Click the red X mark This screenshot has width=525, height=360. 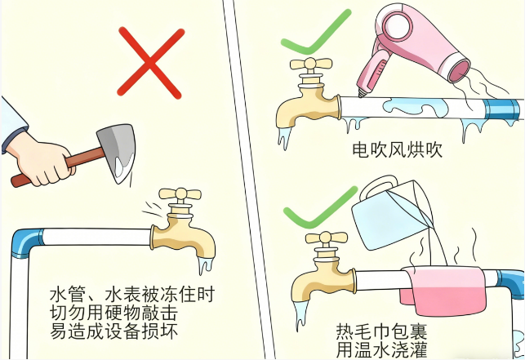(150, 64)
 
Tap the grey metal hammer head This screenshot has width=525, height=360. (118, 151)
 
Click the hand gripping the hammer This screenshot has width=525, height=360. (40, 160)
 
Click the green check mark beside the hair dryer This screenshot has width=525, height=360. (314, 35)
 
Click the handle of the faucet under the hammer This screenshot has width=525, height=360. (180, 194)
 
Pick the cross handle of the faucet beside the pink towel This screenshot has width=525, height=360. (326, 237)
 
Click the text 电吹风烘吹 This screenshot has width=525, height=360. (398, 149)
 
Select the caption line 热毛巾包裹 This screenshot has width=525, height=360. (381, 331)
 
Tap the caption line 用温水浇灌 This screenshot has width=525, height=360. (381, 349)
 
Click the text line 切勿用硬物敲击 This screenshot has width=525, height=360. (113, 313)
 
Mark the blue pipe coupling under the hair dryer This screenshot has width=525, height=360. (501, 109)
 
